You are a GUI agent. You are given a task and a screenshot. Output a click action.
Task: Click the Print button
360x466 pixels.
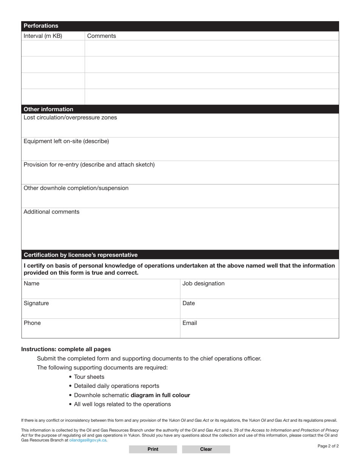(x=153, y=449)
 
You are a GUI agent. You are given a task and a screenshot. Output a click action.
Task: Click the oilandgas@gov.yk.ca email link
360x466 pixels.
(x=88, y=440)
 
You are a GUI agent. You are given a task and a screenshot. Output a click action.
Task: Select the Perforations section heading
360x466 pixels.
(x=41, y=26)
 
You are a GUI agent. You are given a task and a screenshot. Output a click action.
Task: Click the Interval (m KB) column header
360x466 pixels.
(x=43, y=36)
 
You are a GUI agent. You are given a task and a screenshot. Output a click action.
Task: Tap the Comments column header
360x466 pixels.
(x=102, y=36)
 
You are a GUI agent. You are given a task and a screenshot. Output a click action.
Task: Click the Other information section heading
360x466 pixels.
(x=49, y=109)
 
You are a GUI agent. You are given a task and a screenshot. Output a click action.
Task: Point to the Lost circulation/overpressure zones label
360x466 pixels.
(x=70, y=117)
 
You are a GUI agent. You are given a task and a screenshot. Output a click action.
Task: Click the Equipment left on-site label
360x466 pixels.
(x=66, y=141)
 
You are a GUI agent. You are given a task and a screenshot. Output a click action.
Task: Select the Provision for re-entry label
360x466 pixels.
(x=89, y=165)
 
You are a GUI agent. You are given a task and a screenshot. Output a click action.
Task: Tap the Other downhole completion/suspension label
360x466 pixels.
(x=76, y=188)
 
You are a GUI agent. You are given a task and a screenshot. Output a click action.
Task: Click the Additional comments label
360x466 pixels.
(x=52, y=212)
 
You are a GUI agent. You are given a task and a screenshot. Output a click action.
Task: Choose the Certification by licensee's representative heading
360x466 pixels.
(x=81, y=255)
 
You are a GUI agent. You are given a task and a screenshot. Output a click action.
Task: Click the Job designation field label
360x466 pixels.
(x=203, y=284)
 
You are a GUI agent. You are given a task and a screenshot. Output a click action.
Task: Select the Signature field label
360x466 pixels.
(x=36, y=303)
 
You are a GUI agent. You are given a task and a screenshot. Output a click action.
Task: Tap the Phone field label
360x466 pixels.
(x=32, y=323)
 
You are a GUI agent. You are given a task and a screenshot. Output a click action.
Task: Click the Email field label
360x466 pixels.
(x=190, y=323)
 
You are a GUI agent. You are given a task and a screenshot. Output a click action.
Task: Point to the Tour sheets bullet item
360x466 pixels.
(x=89, y=377)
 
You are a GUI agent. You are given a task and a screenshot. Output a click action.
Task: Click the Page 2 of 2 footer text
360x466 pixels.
(x=328, y=446)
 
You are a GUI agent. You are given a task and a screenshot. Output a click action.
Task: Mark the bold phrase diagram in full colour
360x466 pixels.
(x=160, y=395)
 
